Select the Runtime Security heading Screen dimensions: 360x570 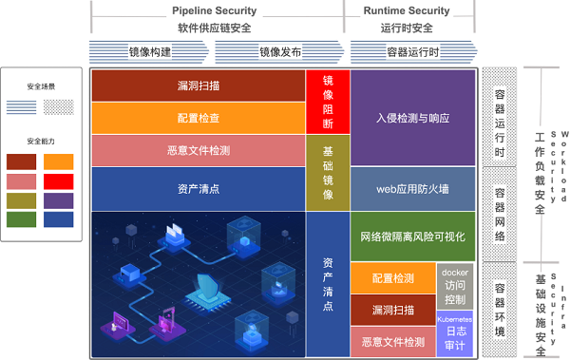[407, 10]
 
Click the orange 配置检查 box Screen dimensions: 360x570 [198, 118]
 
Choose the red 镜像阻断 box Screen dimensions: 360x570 [328, 101]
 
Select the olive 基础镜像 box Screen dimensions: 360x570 [328, 173]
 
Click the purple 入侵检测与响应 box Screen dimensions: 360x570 [412, 119]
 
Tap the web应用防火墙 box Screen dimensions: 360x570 [412, 188]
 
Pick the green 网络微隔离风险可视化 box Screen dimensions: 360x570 [412, 237]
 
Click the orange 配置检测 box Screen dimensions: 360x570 [392, 278]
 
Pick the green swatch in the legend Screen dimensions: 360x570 [21, 218]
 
